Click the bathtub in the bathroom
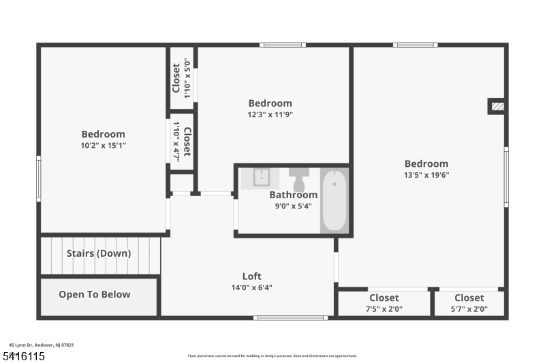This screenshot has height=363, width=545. click(x=334, y=201)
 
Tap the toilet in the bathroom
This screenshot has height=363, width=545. click(x=299, y=179)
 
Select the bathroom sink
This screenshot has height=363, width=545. click(x=262, y=177)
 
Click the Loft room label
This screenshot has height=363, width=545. click(x=252, y=277)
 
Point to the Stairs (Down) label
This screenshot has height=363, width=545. click(x=99, y=253)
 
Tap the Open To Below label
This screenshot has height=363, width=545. click(x=94, y=295)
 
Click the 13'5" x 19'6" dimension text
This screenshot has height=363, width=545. click(x=426, y=174)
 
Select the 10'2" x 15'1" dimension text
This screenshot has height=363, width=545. click(x=104, y=145)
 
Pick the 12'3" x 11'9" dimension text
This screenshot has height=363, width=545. click(x=270, y=114)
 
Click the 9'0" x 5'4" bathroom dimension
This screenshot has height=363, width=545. click(x=293, y=206)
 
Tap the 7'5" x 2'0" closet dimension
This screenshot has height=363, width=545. click(x=384, y=309)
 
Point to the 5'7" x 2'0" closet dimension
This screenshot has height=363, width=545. click(x=469, y=309)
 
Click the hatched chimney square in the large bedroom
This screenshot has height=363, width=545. click(x=497, y=106)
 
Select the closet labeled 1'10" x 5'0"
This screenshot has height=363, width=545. click(x=182, y=79)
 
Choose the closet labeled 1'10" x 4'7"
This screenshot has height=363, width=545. click(x=182, y=141)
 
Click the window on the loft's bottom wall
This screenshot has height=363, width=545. click(x=290, y=317)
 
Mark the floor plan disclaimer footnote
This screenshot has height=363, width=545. click(x=272, y=356)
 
